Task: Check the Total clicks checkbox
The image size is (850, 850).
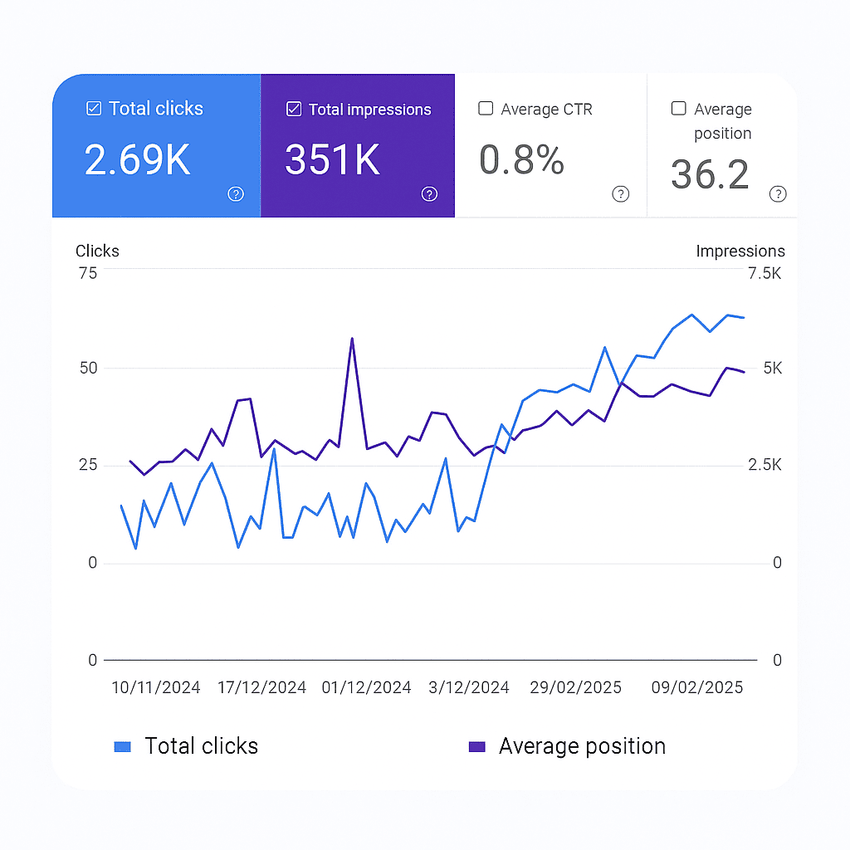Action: [94, 109]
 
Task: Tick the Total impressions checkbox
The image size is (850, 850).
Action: [293, 110]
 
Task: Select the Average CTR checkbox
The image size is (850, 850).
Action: [486, 109]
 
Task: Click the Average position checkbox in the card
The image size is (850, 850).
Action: [678, 109]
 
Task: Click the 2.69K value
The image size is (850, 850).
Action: [138, 159]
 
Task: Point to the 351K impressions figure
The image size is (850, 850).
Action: [333, 159]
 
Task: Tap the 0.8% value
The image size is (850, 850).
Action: [521, 159]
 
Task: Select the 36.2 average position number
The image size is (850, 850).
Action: [710, 174]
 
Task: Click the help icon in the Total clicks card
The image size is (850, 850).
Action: [236, 194]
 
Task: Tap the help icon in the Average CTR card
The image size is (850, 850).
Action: [620, 194]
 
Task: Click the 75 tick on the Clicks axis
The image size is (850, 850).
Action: [87, 273]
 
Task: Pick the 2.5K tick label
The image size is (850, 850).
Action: [764, 466]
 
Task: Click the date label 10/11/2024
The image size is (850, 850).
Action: [156, 687]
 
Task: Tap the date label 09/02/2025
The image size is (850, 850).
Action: [697, 687]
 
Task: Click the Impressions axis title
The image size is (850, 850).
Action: [740, 252]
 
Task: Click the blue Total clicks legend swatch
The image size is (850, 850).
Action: [122, 747]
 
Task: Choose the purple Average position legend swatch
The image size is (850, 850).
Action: [476, 747]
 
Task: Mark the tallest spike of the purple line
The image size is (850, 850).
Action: [352, 339]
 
